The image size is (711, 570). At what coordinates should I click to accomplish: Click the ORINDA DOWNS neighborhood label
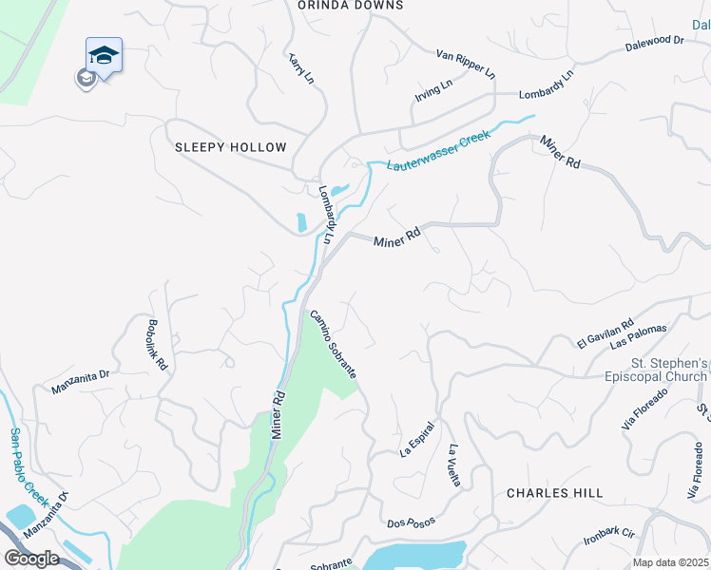point(350,6)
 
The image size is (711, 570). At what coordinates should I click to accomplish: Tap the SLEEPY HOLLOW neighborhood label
point(230,147)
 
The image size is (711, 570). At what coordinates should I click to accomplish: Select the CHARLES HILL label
point(554,493)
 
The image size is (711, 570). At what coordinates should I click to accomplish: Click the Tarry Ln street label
point(302,69)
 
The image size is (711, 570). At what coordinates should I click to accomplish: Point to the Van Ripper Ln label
point(466,64)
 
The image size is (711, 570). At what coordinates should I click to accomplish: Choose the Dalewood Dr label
point(655,42)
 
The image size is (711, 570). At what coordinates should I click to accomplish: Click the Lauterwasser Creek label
point(438,150)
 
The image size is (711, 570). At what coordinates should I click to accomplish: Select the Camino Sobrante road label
point(333,345)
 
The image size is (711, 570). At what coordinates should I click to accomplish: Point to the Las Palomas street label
point(639,335)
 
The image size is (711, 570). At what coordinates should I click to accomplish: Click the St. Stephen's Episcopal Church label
point(670,370)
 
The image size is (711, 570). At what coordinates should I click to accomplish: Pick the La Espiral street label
point(416,438)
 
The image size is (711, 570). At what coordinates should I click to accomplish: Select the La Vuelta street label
point(454,465)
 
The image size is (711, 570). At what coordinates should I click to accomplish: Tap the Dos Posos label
point(410,523)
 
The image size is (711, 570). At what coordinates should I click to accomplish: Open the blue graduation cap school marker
point(104,56)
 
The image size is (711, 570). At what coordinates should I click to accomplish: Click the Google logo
point(31,559)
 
